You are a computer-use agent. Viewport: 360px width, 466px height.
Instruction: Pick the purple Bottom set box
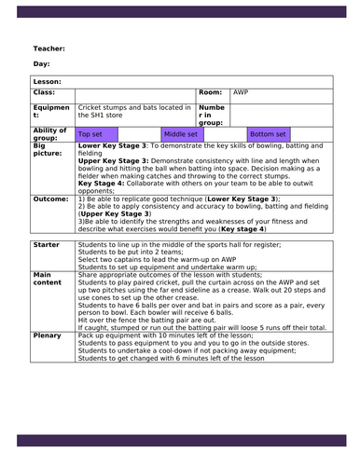(x=268, y=134)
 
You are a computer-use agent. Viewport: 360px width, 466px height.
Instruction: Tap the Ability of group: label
(x=49, y=134)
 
